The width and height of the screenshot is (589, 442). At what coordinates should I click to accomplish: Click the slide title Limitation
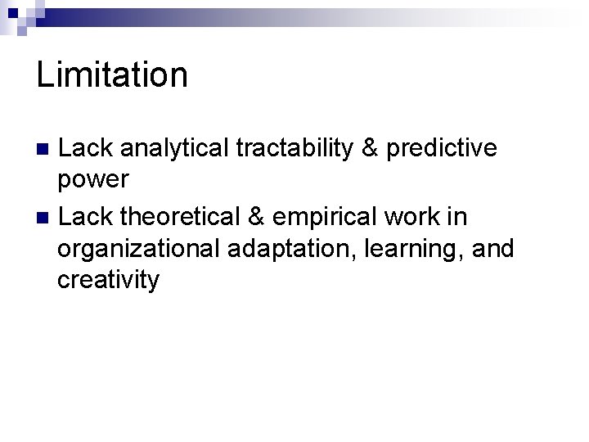pos(112,75)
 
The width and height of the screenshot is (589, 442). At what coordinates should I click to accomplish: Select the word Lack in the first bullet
pos(85,148)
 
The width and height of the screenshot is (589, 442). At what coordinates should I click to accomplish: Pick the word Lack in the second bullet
pos(85,217)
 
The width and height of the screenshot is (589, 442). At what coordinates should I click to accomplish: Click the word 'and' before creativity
pos(493,248)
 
